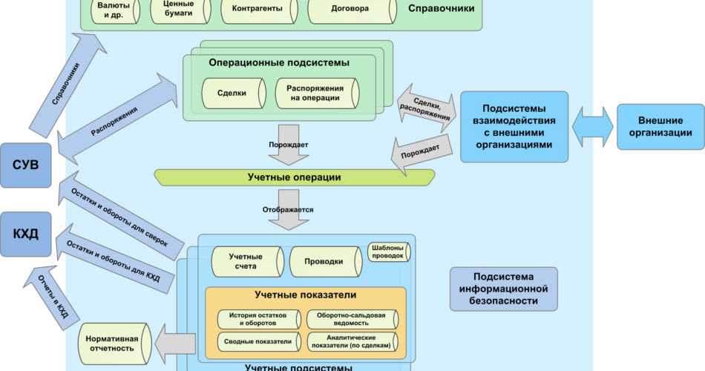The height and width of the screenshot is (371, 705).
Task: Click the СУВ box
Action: [26, 164]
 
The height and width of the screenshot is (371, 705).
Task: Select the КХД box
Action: [26, 234]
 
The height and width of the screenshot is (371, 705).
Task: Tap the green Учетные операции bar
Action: [294, 177]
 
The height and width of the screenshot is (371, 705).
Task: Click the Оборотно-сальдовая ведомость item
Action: [351, 320]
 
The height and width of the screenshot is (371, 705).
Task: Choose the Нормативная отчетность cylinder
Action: [112, 344]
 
